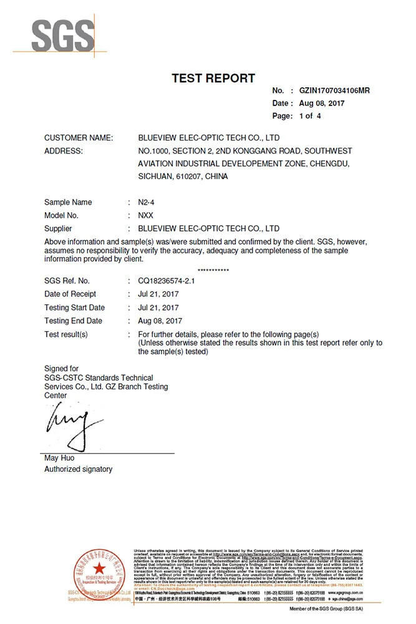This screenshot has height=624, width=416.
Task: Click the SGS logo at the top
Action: pyautogui.click(x=60, y=36)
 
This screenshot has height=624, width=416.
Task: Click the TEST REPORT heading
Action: pyautogui.click(x=213, y=78)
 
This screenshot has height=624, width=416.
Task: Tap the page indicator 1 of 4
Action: pyautogui.click(x=310, y=116)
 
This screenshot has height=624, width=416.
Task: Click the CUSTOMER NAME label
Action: pyautogui.click(x=79, y=137)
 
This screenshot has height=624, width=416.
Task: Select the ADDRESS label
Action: pyautogui.click(x=64, y=151)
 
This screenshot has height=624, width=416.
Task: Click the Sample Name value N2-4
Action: pyautogui.click(x=145, y=202)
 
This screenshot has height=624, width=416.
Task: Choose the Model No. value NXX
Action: pyautogui.click(x=145, y=215)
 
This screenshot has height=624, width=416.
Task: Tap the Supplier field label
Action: pyautogui.click(x=58, y=228)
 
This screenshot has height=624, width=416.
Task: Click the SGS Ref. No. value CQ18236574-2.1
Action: pyautogui.click(x=167, y=281)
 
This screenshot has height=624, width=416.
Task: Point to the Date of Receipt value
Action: pyautogui.click(x=158, y=294)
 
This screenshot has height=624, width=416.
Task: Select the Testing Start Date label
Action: pyautogui.click(x=74, y=308)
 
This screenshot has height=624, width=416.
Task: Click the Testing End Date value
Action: pyautogui.click(x=160, y=321)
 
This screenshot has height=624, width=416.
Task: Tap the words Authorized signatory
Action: pyautogui.click(x=78, y=469)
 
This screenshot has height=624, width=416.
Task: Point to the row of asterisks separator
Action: pyautogui.click(x=213, y=270)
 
